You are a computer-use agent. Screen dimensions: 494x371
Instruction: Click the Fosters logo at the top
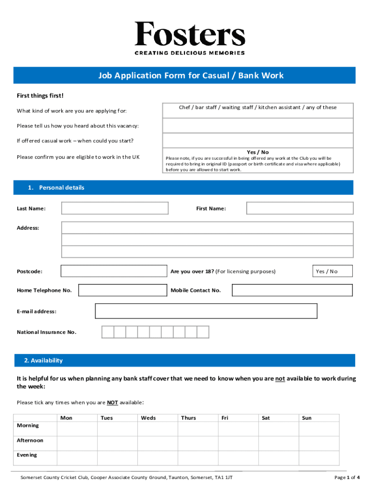point(190,38)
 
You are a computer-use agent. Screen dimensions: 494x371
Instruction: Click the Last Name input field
point(115,208)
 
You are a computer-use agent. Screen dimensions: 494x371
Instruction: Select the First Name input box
point(300,208)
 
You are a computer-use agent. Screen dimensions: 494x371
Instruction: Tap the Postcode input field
point(114,271)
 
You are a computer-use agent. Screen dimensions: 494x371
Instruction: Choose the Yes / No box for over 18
point(332,271)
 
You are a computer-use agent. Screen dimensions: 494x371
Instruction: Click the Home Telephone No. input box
point(122,290)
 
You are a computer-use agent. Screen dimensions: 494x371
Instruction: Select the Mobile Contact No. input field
point(292,290)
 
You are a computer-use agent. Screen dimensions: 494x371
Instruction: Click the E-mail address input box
point(206,311)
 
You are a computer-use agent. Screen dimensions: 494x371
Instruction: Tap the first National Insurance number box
point(107,332)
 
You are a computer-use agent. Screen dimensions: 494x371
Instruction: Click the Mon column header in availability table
point(66,418)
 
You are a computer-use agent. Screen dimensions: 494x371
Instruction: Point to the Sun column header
point(306,418)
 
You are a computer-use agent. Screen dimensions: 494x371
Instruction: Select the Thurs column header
point(188,418)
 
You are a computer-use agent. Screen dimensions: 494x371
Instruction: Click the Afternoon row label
point(30,440)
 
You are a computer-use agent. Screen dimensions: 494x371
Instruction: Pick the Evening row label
point(26,455)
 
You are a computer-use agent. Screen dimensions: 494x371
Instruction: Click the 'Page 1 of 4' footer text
point(346,478)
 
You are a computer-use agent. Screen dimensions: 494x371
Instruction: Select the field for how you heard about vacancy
point(258,125)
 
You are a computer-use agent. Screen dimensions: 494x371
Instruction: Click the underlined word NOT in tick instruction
point(112,402)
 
